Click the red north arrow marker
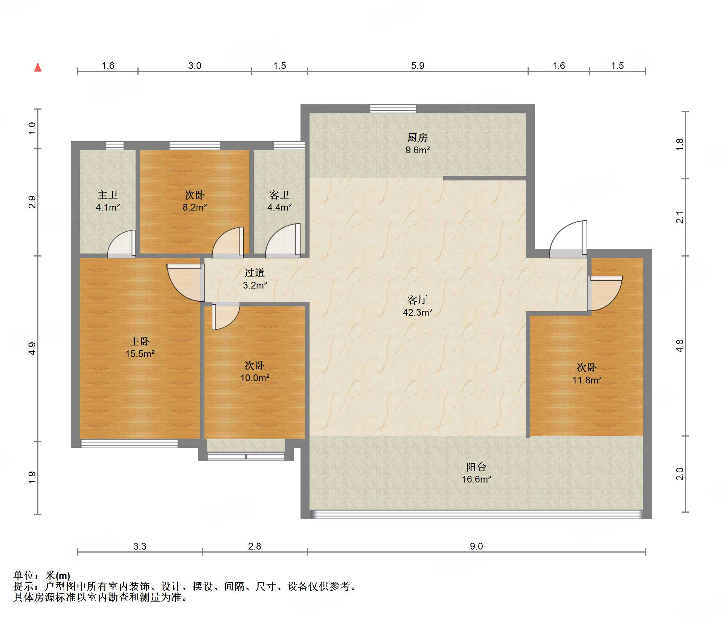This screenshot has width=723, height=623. tap(38, 67)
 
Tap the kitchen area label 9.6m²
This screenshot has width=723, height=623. tap(418, 150)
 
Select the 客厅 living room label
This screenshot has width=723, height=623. tap(418, 300)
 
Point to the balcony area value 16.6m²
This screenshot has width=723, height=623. tap(476, 479)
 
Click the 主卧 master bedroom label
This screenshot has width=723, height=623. tap(140, 341)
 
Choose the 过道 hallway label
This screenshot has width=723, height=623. tap(255, 273)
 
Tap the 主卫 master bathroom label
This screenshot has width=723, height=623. tap(108, 195)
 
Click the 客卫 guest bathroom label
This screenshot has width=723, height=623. tap(279, 195)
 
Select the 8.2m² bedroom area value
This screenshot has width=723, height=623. tap(195, 207)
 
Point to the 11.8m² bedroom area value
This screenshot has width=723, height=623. tap(587, 380)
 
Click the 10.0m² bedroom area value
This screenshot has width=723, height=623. tap(255, 378)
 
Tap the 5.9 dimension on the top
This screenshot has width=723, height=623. tap(418, 66)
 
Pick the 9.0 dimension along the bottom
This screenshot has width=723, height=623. tap(476, 546)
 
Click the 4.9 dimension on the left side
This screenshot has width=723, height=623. tap(32, 348)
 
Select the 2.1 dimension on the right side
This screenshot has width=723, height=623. tap(680, 217)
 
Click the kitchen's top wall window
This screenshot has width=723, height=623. tap(393, 109)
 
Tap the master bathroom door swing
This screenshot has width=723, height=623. tap(122, 244)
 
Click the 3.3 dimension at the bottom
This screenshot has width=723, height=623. tap(140, 546)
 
